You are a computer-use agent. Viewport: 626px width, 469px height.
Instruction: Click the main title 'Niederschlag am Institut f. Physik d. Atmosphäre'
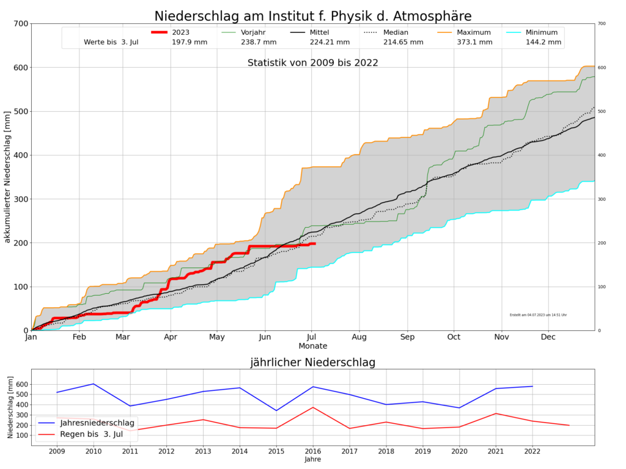312,16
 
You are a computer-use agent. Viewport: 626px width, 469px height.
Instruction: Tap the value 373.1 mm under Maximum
474,42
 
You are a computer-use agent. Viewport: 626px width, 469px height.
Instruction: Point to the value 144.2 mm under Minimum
544,42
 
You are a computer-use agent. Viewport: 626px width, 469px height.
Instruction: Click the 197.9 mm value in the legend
190,42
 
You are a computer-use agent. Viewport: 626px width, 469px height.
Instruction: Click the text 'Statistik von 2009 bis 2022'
312,63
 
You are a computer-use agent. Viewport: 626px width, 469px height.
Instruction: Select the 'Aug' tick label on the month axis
359,336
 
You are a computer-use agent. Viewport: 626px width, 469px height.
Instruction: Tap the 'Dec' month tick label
548,336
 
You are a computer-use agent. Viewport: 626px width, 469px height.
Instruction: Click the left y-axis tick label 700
21,24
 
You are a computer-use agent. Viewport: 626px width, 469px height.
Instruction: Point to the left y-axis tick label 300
21,199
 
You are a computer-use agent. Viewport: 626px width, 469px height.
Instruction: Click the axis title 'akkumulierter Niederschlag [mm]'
8,177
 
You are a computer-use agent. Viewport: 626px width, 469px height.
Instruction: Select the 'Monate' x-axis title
312,346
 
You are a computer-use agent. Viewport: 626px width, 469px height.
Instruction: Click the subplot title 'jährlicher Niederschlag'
312,362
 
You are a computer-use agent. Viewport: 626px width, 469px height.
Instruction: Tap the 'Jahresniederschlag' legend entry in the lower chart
97,423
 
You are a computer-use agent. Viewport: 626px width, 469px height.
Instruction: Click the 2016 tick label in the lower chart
312,451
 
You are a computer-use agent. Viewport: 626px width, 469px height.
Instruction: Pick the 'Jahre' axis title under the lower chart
312,459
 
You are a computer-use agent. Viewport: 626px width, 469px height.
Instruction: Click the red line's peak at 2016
313,407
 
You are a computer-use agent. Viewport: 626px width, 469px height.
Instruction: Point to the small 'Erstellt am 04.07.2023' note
538,315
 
